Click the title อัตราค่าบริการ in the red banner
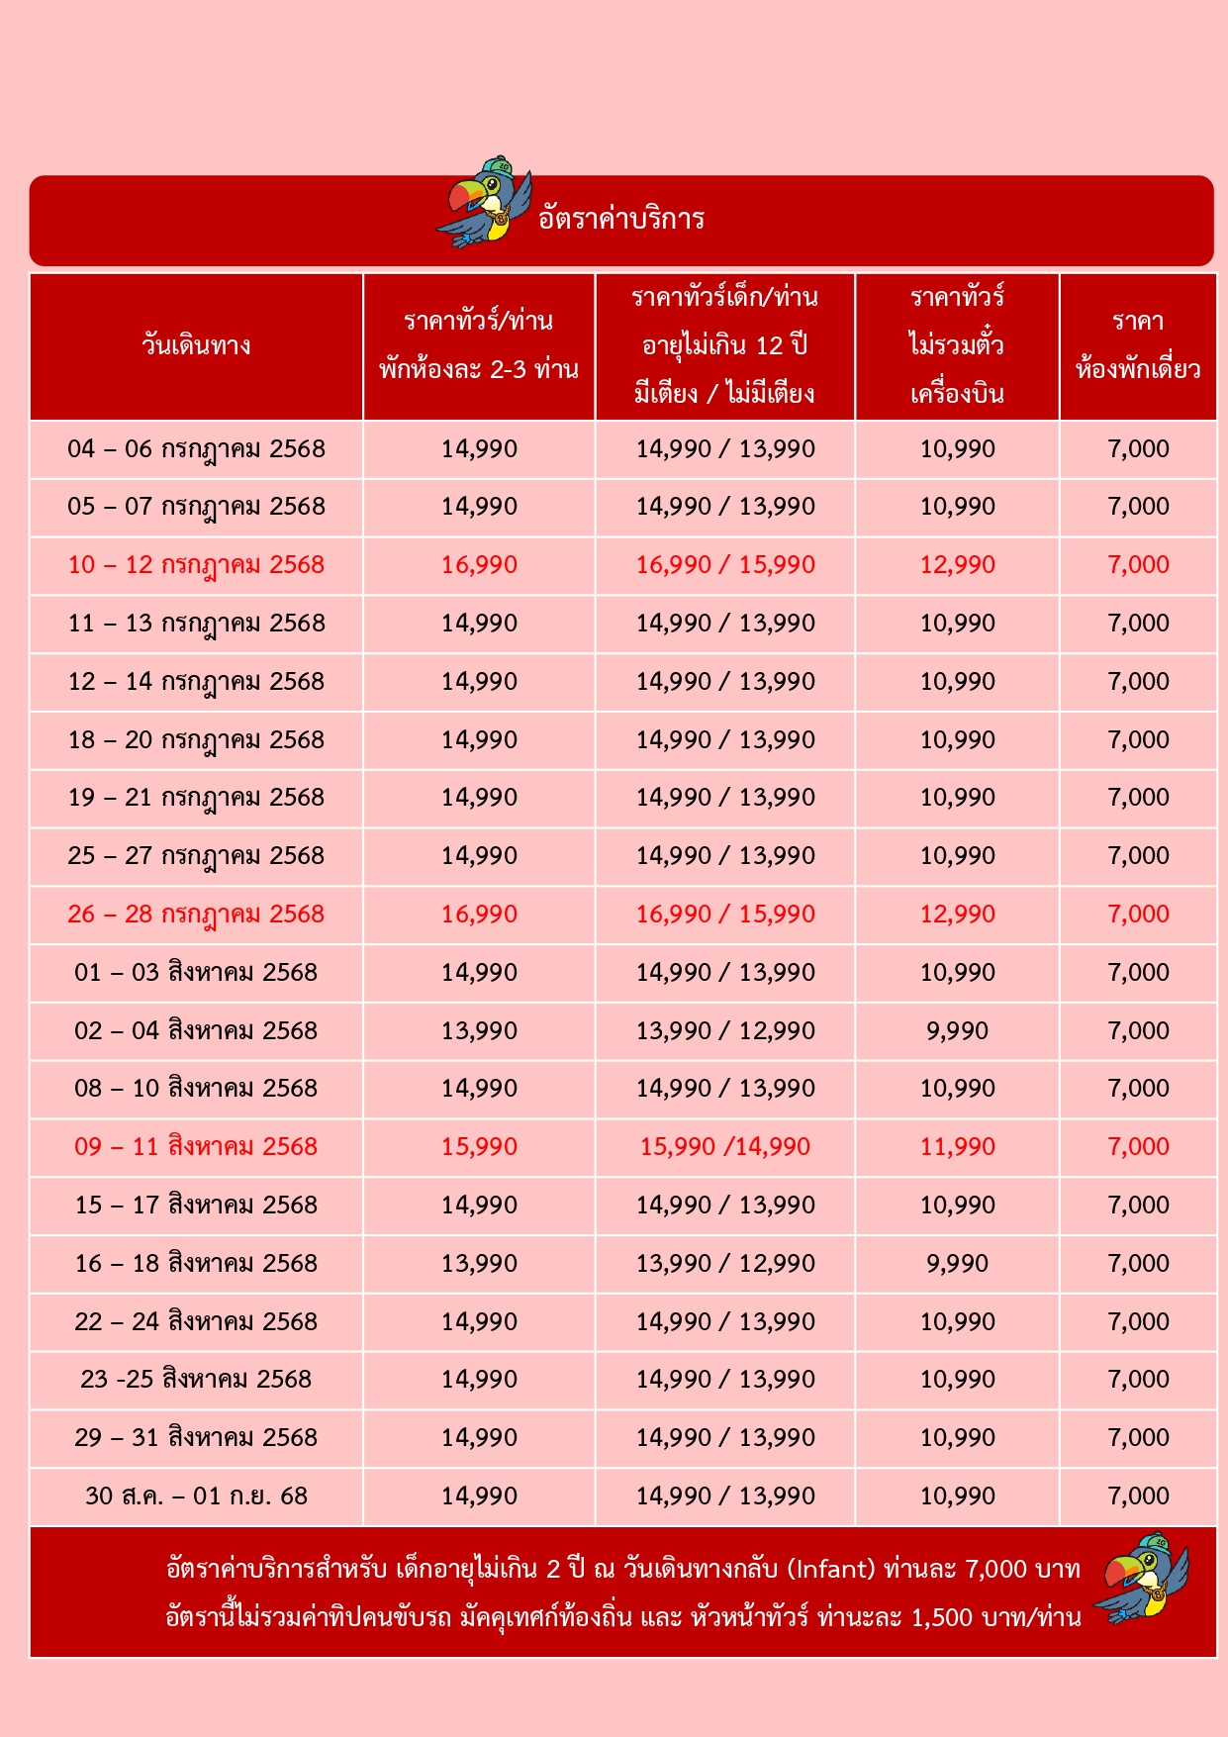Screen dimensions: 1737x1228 [x=621, y=219]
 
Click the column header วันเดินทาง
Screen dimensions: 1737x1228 [x=196, y=345]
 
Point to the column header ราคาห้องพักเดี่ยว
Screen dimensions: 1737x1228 [x=1138, y=345]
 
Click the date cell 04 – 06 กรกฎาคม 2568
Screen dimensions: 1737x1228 [x=196, y=449]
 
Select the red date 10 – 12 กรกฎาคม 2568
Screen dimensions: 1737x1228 [x=196, y=565]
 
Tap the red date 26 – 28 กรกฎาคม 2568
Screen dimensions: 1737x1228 [x=196, y=915]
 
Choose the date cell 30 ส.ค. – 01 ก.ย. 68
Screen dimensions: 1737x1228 [x=196, y=1496]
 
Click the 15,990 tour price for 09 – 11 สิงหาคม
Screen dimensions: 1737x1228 [x=479, y=1147]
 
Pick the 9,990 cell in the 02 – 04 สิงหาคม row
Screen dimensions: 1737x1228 [x=957, y=1031]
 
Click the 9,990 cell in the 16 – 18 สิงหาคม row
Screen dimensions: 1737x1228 [x=957, y=1264]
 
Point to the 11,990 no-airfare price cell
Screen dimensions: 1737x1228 [x=957, y=1147]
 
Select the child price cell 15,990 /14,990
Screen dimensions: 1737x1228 [x=725, y=1147]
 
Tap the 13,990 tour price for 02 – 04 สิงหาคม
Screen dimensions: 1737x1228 [x=479, y=1031]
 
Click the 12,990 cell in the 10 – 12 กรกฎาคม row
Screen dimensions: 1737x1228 [x=957, y=565]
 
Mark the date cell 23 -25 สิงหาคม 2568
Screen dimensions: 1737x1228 [x=196, y=1380]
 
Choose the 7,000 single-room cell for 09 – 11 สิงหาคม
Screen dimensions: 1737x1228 [x=1138, y=1147]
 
